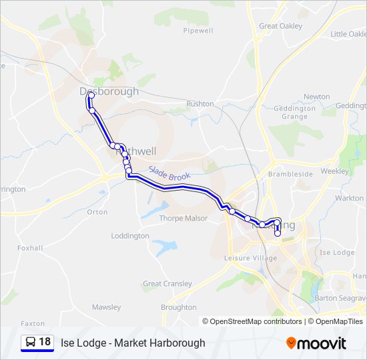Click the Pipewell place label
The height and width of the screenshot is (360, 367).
(198, 31)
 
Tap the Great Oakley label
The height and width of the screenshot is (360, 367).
(280, 26)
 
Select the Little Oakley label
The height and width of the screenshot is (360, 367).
(348, 34)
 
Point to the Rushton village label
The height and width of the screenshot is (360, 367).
(200, 104)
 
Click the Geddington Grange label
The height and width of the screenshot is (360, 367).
(294, 112)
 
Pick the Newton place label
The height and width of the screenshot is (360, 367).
(316, 97)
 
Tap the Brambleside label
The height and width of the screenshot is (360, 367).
(290, 173)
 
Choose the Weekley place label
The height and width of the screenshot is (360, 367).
(334, 171)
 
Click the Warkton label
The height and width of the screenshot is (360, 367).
(349, 198)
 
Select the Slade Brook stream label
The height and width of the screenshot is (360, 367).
(169, 174)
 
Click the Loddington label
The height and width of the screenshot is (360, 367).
(130, 236)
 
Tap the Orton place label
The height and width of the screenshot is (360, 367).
(97, 212)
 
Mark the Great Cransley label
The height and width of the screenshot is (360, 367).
(167, 283)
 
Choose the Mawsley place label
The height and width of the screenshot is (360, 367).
(107, 307)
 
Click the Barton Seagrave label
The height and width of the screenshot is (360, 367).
(340, 297)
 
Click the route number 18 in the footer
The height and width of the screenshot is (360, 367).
(45, 342)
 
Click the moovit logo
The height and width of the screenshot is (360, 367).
(316, 343)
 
